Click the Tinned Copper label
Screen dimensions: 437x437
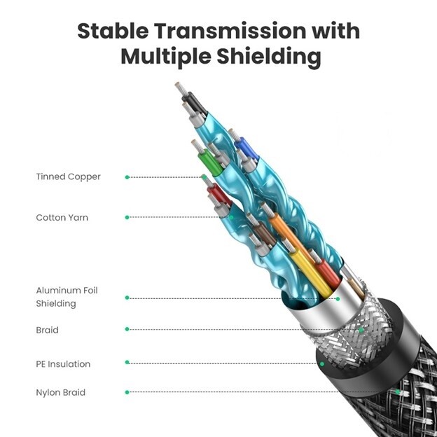pos(68,176)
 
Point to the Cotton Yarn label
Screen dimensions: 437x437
pos(62,218)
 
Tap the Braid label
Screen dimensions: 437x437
pos(47,330)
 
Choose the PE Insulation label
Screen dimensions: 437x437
pos(63,364)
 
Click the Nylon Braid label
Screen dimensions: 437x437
pos(60,392)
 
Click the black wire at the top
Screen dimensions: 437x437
pos(195,104)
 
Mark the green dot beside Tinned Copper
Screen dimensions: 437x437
pos(127,177)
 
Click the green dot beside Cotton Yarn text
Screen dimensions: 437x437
pos(127,217)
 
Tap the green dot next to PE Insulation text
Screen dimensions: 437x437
pos(127,362)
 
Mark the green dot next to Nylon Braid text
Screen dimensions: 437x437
pos(127,392)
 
